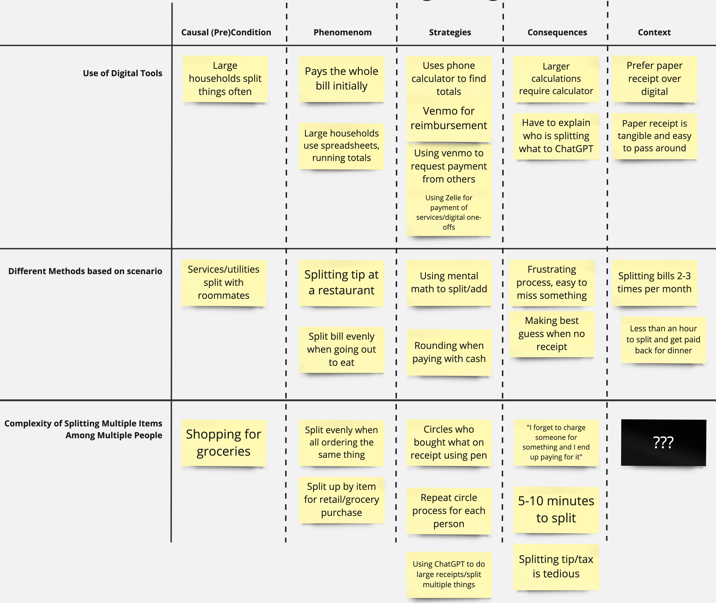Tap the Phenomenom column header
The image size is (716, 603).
pos(342,33)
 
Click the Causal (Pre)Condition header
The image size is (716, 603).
pos(226,33)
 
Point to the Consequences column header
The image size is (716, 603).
pos(557,33)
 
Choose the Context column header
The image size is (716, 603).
pos(654,33)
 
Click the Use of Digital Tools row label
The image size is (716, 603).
pos(122,73)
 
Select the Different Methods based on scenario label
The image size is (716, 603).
pos(85,271)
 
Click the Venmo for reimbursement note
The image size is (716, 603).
pos(449,118)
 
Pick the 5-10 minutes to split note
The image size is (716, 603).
pos(556,509)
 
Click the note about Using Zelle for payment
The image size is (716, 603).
pos(449,212)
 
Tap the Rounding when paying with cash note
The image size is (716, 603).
pos(449,352)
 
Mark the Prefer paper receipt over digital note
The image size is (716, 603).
pos(654,79)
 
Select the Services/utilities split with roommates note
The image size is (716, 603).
pos(224,282)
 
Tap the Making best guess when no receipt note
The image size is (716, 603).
pos(552,334)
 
